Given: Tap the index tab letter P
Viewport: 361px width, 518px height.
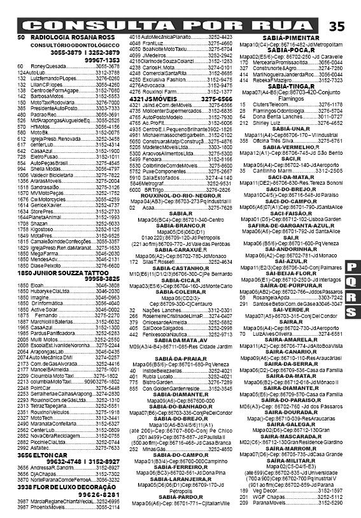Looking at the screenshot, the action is coord(351,268).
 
